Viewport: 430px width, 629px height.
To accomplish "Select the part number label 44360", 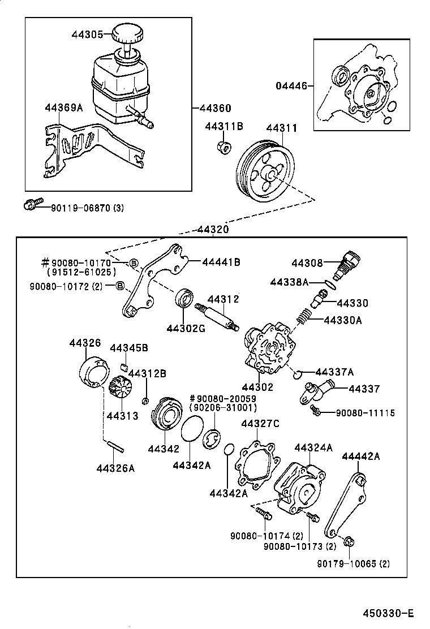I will pyautogui.click(x=213, y=108).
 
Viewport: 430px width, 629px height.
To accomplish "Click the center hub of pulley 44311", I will pyautogui.click(x=269, y=175).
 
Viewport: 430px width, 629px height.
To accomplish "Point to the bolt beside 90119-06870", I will pyautogui.click(x=33, y=205).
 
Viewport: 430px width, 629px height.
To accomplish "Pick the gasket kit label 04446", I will pyautogui.click(x=291, y=86).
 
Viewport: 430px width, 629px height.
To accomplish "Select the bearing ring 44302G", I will pyautogui.click(x=183, y=298).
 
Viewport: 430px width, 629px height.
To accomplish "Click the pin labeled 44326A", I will pyautogui.click(x=114, y=446).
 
